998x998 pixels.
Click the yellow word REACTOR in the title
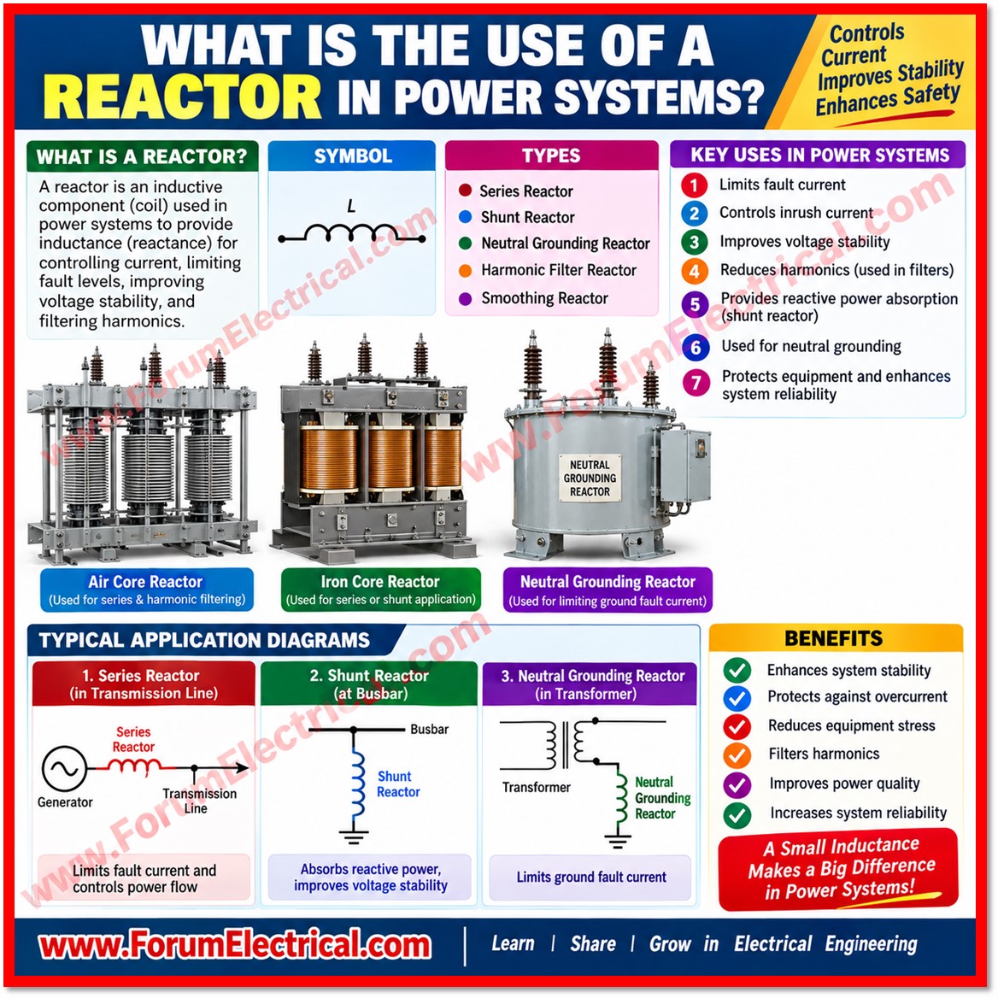(182, 97)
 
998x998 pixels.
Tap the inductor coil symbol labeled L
(351, 234)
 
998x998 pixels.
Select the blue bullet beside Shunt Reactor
(466, 217)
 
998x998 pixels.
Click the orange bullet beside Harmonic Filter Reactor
(466, 271)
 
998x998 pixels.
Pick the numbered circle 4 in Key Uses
(695, 271)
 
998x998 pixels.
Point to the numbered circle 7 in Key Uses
(696, 383)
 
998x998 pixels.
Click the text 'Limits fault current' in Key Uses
(782, 185)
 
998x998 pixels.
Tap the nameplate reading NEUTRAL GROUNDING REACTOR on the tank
(590, 478)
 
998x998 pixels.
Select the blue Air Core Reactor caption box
(147, 590)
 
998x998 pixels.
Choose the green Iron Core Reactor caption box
(380, 590)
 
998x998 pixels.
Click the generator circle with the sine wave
(64, 769)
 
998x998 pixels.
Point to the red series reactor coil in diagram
(134, 767)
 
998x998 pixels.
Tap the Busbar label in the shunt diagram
(430, 730)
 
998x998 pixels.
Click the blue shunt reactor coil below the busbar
(358, 784)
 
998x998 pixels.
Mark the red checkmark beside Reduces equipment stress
(737, 726)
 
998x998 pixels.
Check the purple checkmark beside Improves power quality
(737, 784)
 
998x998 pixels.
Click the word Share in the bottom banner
(593, 944)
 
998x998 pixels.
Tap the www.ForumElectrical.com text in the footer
(234, 945)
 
